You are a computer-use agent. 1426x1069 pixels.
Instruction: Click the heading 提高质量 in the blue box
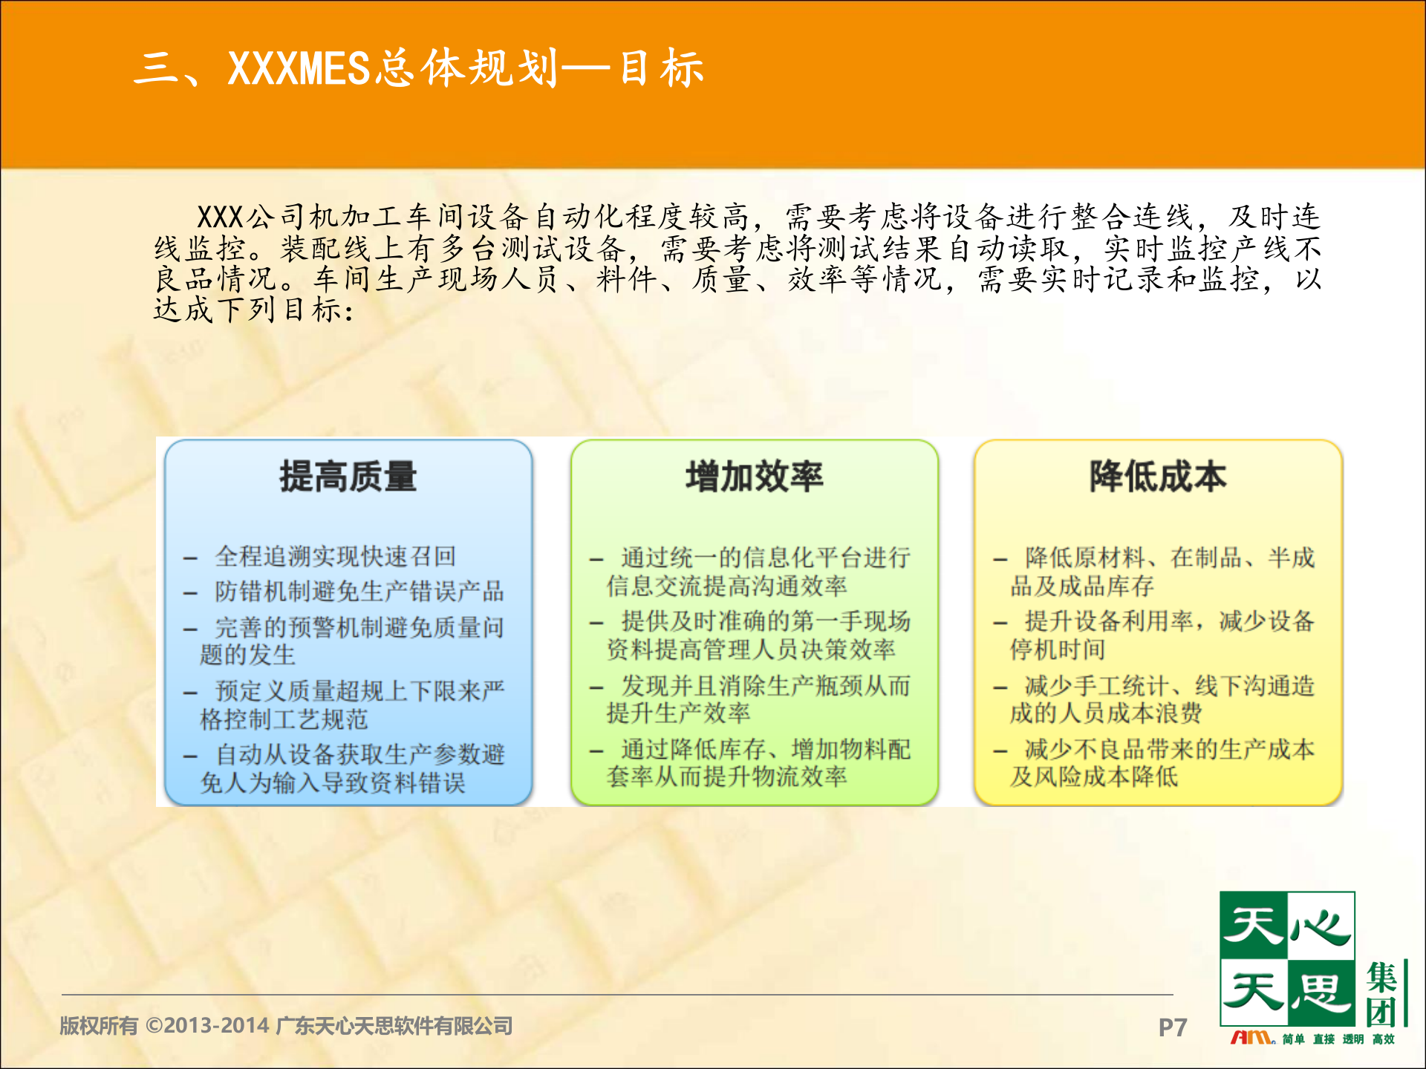(348, 477)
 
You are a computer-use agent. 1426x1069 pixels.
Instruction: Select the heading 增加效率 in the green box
(754, 477)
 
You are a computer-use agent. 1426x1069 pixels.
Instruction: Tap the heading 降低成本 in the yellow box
(1157, 477)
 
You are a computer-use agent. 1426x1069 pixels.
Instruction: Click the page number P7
(1172, 1027)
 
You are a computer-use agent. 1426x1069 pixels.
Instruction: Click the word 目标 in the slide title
(661, 68)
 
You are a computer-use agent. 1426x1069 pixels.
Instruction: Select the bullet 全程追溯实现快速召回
(335, 556)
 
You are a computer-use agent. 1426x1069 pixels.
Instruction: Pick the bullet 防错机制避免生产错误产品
(359, 592)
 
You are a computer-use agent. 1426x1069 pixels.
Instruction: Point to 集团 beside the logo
(1383, 995)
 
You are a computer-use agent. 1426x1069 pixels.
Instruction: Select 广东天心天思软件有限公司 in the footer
(394, 1026)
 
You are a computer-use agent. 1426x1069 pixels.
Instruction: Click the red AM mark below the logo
(1252, 1038)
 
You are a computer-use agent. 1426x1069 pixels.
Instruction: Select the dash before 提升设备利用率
(1000, 623)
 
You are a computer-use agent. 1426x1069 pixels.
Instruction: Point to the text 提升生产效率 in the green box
(678, 713)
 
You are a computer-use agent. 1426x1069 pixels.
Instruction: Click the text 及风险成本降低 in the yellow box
(1093, 777)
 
